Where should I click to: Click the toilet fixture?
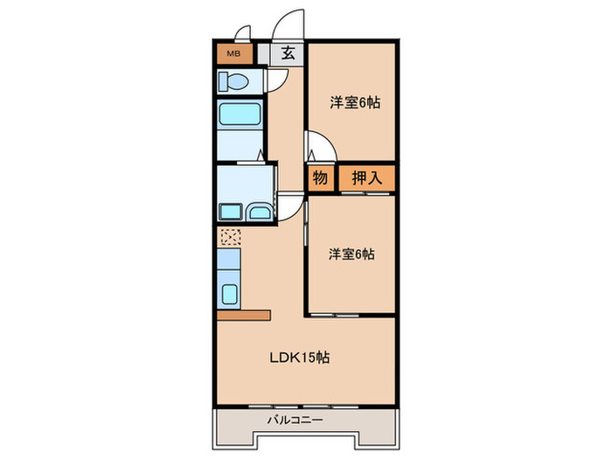tap(234, 83)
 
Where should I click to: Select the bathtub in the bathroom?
tap(240, 116)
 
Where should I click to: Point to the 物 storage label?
tap(320, 178)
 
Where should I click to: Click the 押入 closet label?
tap(366, 178)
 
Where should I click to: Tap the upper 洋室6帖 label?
tap(353, 102)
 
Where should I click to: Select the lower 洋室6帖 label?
tap(351, 254)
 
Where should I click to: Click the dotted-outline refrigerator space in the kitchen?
tap(229, 236)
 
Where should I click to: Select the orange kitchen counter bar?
tap(245, 314)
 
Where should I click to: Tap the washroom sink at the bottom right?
tap(259, 212)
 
